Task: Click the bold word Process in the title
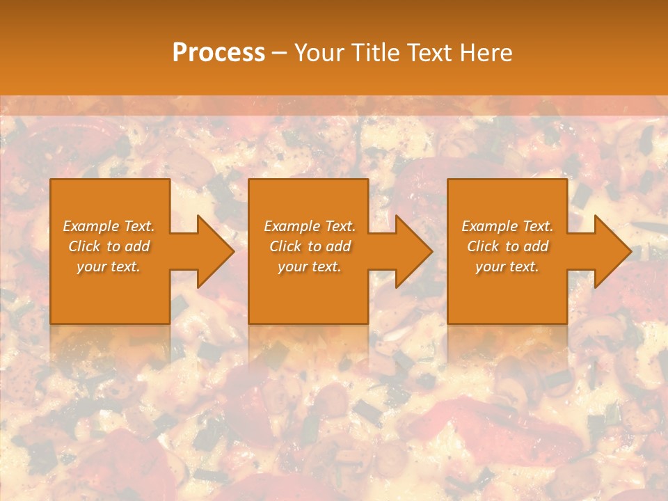point(218,53)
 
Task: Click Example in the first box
point(91,226)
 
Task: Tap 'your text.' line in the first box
point(109,267)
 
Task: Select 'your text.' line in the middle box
point(310,267)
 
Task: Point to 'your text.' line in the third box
point(507,267)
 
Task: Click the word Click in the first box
point(84,246)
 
